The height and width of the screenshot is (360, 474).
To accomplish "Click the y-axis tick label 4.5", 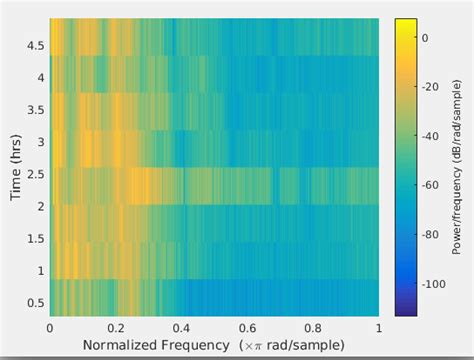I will (x=35, y=46).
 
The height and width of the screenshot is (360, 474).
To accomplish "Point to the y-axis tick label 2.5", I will (x=35, y=174).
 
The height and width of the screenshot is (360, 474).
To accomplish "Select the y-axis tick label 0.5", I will (x=35, y=303).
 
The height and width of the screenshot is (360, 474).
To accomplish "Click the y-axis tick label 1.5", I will (x=35, y=239).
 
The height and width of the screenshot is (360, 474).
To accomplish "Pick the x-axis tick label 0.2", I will (x=116, y=327).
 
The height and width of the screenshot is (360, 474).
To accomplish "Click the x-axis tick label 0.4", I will (x=181, y=327).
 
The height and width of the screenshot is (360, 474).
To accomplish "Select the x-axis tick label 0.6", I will (x=247, y=327).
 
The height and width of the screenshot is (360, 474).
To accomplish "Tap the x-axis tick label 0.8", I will (x=313, y=327).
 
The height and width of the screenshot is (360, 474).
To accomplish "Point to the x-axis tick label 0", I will (x=50, y=327).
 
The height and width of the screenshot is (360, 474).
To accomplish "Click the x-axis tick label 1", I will (x=378, y=327).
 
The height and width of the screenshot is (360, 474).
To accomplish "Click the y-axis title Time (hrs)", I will (x=15, y=165).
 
